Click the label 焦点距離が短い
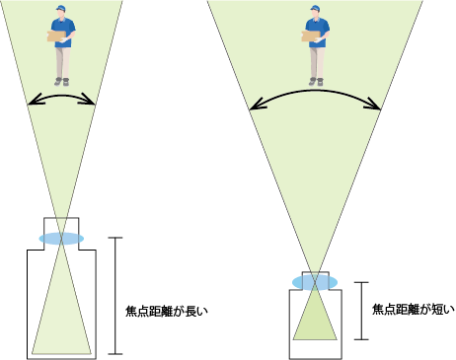pyautogui.click(x=414, y=309)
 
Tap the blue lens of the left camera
pyautogui.click(x=62, y=239)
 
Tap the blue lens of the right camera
pyautogui.click(x=315, y=282)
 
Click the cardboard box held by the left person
pyautogui.click(x=60, y=36)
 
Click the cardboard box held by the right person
pyautogui.click(x=311, y=36)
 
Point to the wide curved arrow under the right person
pyautogui.click(x=316, y=92)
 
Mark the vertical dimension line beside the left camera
pyautogui.click(x=118, y=296)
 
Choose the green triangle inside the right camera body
pyautogui.click(x=315, y=318)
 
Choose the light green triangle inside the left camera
pyautogui.click(x=62, y=321)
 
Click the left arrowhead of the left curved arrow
pyautogui.click(x=32, y=100)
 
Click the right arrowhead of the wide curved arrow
pyautogui.click(x=377, y=108)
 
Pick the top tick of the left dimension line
pyautogui.click(x=118, y=239)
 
